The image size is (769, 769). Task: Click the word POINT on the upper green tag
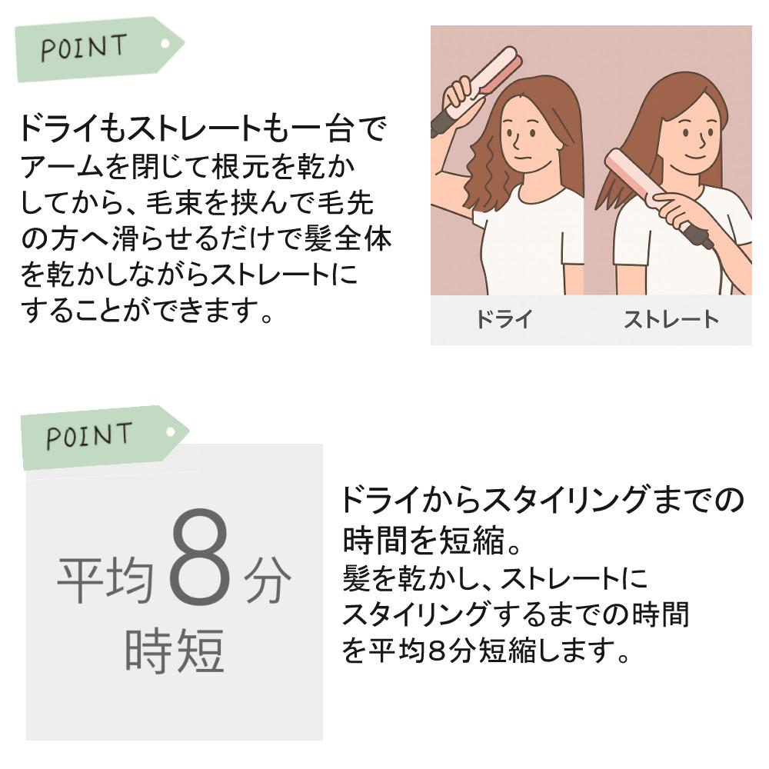(x=84, y=48)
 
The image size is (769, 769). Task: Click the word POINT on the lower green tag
(x=88, y=435)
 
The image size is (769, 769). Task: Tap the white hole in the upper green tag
(x=165, y=44)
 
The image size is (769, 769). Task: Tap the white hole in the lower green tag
(x=171, y=432)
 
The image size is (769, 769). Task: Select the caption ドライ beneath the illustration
(x=504, y=319)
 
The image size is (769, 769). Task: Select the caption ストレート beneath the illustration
(x=671, y=319)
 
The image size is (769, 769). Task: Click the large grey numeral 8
(x=200, y=557)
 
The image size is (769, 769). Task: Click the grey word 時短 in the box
(x=175, y=651)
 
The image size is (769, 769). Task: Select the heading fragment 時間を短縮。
(x=431, y=540)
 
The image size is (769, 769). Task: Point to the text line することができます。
(x=147, y=310)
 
